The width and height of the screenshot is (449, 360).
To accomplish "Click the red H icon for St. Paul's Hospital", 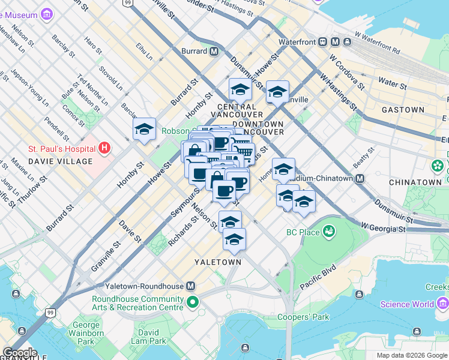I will (x=105, y=148).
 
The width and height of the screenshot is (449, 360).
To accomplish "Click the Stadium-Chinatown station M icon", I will (x=360, y=178).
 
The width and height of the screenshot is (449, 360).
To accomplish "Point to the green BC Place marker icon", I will (x=328, y=231).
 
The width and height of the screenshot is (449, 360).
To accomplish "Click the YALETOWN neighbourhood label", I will (x=218, y=262).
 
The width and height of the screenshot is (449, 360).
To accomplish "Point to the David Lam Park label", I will (x=148, y=337).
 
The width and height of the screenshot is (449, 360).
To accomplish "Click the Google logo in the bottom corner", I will (x=19, y=353).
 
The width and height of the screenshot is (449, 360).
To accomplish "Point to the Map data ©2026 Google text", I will (x=412, y=355).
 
